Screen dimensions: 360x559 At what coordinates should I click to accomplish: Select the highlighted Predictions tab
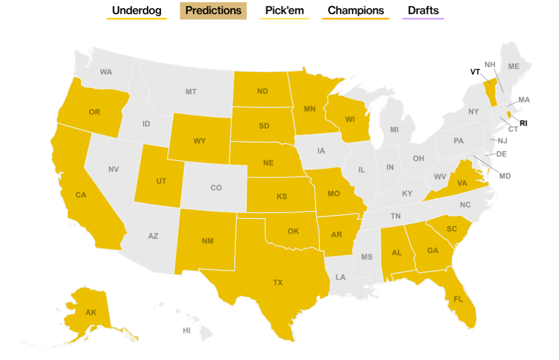(x=213, y=10)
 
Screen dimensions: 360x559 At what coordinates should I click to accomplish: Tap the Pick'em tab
(x=284, y=10)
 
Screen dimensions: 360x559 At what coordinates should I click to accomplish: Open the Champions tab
(x=355, y=10)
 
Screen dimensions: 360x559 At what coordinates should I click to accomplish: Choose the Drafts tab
(x=423, y=10)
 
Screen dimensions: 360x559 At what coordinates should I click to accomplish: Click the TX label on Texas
(x=278, y=282)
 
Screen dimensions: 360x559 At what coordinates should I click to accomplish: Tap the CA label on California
(x=81, y=194)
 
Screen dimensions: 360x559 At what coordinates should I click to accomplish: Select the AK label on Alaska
(x=91, y=313)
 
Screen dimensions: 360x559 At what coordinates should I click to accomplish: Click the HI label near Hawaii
(x=187, y=331)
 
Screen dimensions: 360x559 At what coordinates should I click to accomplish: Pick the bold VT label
(x=475, y=72)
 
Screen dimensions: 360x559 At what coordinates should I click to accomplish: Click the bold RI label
(x=523, y=123)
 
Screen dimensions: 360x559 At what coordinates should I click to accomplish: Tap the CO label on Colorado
(x=216, y=188)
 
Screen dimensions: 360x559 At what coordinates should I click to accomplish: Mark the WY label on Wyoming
(x=199, y=141)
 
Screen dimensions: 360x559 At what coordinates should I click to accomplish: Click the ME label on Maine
(x=514, y=66)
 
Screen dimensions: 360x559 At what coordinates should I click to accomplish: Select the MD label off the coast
(x=505, y=175)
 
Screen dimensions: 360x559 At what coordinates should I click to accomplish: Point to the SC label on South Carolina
(x=451, y=229)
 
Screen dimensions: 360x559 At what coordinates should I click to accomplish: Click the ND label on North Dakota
(x=263, y=91)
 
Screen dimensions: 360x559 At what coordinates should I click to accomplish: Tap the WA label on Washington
(x=106, y=72)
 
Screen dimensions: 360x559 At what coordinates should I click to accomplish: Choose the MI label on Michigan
(x=394, y=129)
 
